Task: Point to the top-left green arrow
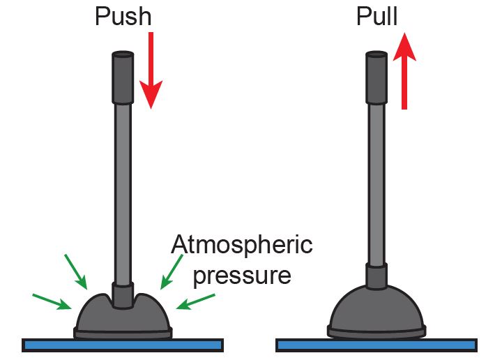tap(76, 271)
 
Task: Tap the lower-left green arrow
tap(52, 301)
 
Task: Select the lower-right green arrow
tap(196, 301)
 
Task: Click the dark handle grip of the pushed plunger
tap(123, 77)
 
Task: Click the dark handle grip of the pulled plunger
tap(376, 77)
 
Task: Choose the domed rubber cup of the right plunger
tap(376, 310)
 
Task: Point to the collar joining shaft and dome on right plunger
tap(376, 276)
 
